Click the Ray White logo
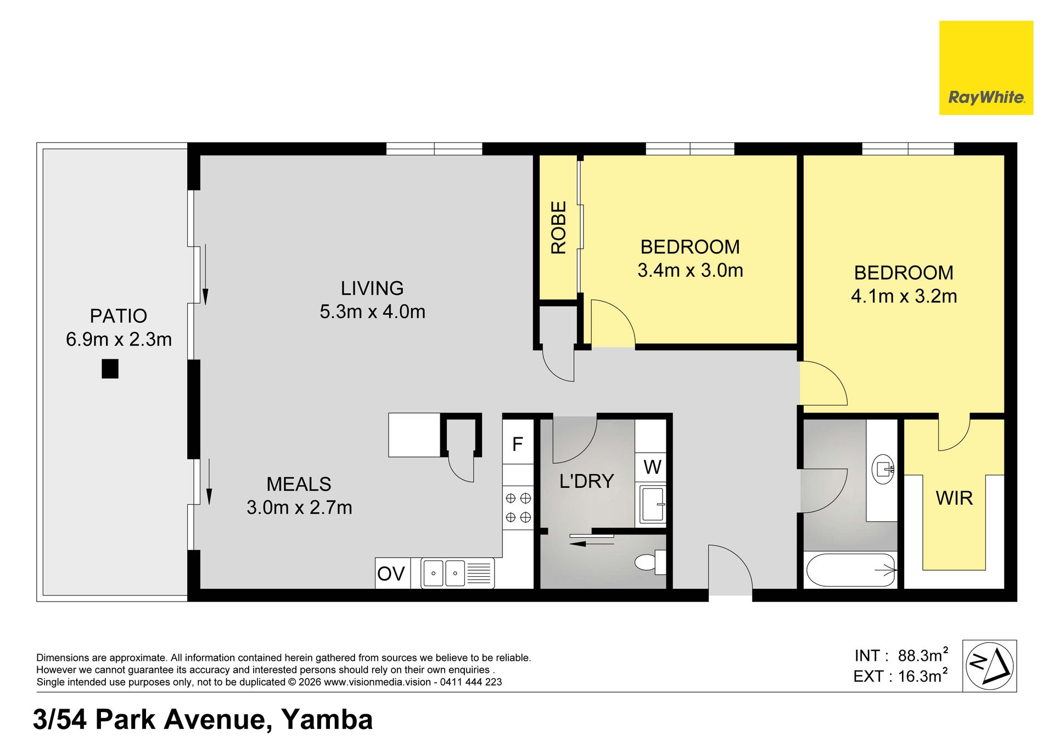pyautogui.click(x=986, y=68)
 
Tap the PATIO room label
pyautogui.click(x=119, y=316)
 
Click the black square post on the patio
pyautogui.click(x=110, y=369)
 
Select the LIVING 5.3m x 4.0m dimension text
pyautogui.click(x=373, y=311)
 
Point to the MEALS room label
pyautogui.click(x=299, y=484)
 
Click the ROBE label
pyautogui.click(x=558, y=227)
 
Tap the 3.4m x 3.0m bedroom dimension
pyautogui.click(x=690, y=270)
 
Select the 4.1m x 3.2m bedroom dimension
pyautogui.click(x=904, y=296)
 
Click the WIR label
pyautogui.click(x=954, y=498)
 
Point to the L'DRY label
pyautogui.click(x=586, y=481)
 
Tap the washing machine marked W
pyautogui.click(x=652, y=467)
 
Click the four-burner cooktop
pyautogui.click(x=518, y=508)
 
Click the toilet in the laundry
pyautogui.click(x=651, y=562)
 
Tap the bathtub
pyautogui.click(x=850, y=570)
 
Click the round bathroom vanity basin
pyautogui.click(x=883, y=469)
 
